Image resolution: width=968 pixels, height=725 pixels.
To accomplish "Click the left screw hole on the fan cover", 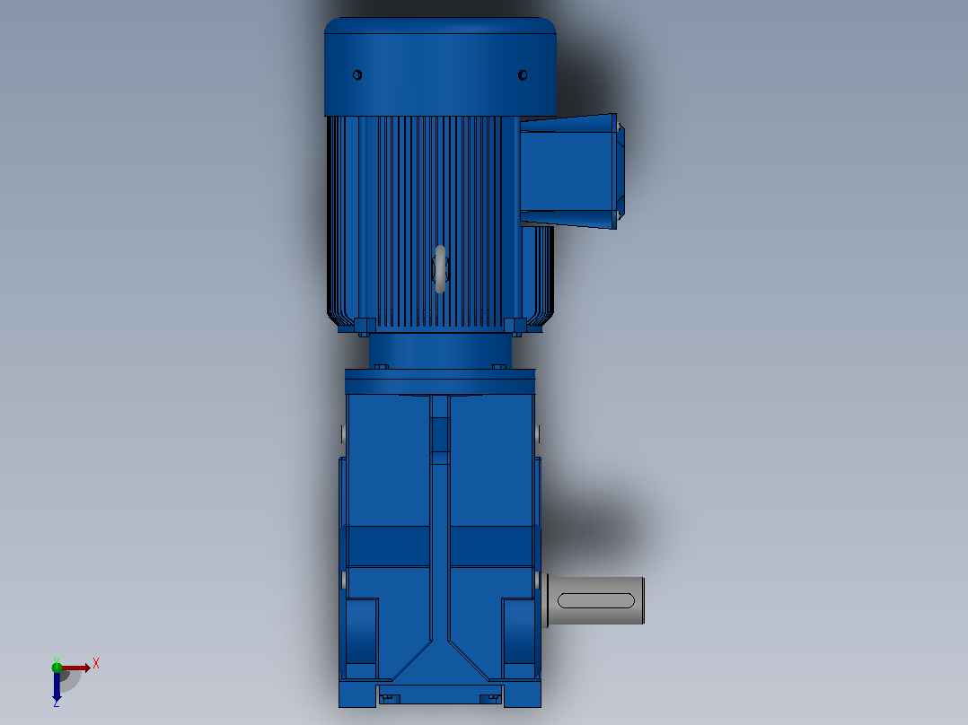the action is [356, 75].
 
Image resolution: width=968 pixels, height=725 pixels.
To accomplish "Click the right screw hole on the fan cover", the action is [523, 75].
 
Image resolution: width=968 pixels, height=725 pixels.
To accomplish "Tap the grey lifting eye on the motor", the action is [440, 269].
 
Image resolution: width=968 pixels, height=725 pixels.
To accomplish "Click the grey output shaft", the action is [594, 600].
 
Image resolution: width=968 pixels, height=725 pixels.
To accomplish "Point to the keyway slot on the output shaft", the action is [595, 600].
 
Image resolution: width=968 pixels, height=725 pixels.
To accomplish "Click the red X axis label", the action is [96, 664].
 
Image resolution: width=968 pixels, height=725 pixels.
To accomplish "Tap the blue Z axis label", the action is [57, 703].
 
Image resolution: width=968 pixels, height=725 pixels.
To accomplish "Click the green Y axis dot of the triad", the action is [57, 667].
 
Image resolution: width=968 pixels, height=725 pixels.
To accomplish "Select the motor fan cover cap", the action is [440, 66].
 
